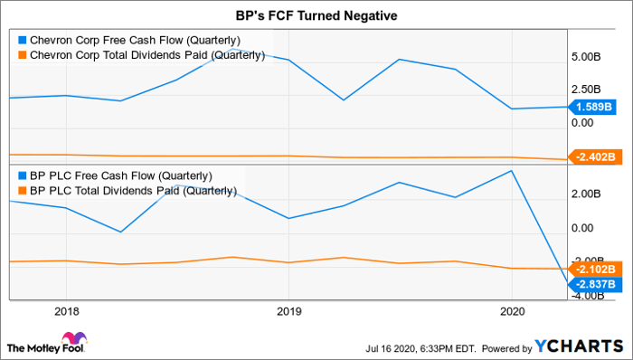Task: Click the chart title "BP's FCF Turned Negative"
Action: pos(316,15)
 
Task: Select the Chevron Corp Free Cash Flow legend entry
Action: pos(129,41)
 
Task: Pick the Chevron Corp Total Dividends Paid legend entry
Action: pos(141,55)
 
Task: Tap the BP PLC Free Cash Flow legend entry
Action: pos(115,176)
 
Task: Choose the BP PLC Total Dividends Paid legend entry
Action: pos(128,191)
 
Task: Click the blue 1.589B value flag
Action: pos(592,107)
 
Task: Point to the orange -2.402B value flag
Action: pos(592,156)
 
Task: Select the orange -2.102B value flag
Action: pos(592,269)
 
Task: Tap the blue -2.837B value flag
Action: pos(592,284)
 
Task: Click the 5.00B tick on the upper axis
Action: pos(585,57)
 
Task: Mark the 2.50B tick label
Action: pos(585,90)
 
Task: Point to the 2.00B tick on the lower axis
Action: pos(585,194)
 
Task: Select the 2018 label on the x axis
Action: pos(67,311)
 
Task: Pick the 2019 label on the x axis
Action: pos(288,311)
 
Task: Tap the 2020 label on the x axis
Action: pos(512,311)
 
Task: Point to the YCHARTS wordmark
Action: pos(579,346)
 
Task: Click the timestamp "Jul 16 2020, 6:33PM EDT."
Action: pos(421,348)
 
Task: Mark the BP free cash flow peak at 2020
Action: pos(512,171)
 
